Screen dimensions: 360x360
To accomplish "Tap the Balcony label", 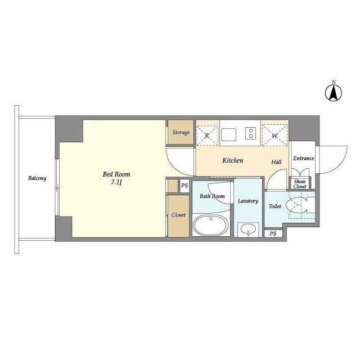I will [x=37, y=178].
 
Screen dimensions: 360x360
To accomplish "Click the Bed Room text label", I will [x=116, y=174].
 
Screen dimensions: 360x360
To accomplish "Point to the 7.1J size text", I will [x=116, y=183].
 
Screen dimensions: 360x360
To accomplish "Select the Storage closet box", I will [x=181, y=132].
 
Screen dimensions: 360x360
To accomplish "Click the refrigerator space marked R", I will [x=207, y=134].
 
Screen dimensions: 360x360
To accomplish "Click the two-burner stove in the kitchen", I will [x=250, y=134].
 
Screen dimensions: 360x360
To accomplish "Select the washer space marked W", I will [x=274, y=134].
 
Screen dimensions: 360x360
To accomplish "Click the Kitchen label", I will [x=232, y=161].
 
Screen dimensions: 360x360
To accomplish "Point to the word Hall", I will [x=276, y=162].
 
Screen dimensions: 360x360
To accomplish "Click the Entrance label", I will [x=303, y=159].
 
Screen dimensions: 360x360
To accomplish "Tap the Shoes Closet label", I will [x=300, y=184].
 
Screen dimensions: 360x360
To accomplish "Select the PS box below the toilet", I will [x=273, y=233].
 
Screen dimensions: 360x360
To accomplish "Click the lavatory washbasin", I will [x=247, y=229].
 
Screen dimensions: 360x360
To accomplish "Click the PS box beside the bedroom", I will [x=184, y=186].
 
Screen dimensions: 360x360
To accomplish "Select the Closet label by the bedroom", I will [x=178, y=215].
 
